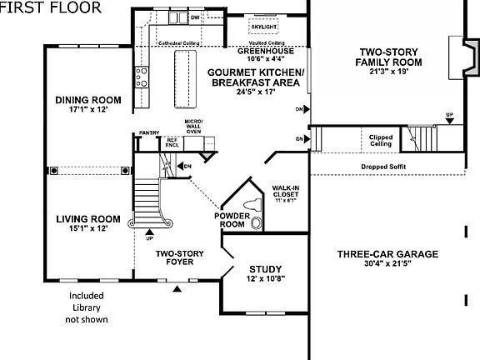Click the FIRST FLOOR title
(x=52, y=8)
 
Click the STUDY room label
(x=266, y=269)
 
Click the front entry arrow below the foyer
(x=177, y=289)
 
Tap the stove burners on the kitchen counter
(x=142, y=77)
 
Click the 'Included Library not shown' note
(x=87, y=307)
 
